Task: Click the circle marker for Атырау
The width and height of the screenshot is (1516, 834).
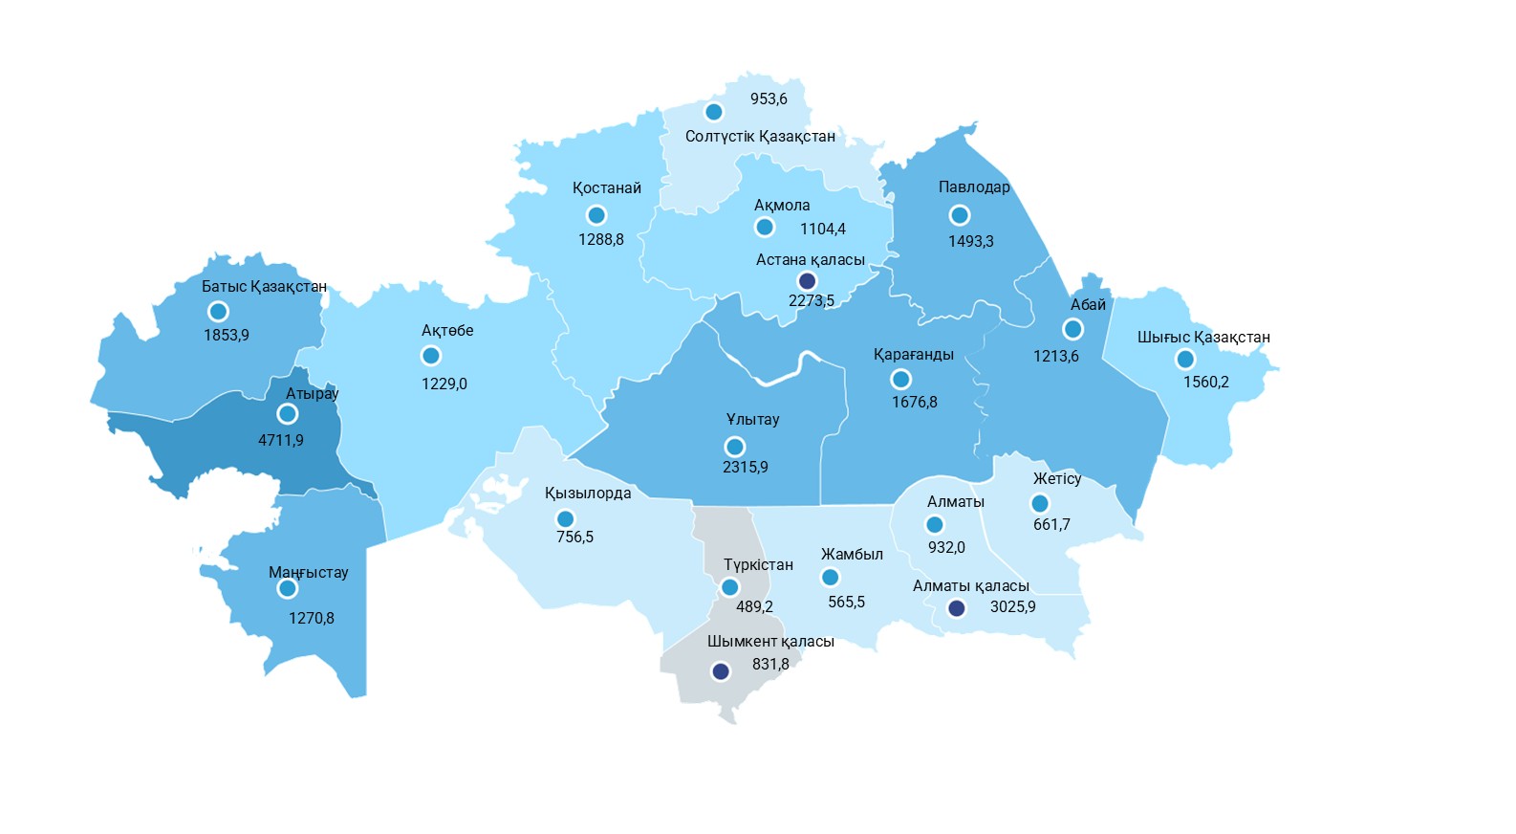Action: [x=287, y=414]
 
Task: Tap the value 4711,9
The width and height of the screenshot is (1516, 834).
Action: [x=281, y=440]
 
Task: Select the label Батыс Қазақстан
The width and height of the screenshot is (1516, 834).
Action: [x=264, y=286]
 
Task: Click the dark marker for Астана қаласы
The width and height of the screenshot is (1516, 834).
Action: [x=807, y=281]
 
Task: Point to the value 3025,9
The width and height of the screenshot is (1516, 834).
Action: [x=1012, y=606]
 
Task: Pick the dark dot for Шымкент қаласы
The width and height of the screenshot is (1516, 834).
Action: [x=721, y=671]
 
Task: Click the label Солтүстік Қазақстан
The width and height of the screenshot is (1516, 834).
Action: [x=760, y=136]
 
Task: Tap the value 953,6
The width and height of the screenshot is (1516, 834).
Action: [x=769, y=99]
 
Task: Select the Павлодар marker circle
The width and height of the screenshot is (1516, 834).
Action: [x=960, y=215]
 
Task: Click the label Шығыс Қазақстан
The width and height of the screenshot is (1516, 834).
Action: [x=1203, y=337]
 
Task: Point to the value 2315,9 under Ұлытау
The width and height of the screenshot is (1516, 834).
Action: [x=745, y=467]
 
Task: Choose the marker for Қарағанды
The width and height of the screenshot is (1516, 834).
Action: [x=900, y=380]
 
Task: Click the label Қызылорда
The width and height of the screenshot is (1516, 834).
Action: [x=588, y=493]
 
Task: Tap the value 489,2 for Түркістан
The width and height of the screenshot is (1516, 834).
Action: [x=754, y=606]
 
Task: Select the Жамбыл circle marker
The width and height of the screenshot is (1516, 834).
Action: [x=830, y=578]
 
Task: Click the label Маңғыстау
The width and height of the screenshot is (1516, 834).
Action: [x=308, y=572]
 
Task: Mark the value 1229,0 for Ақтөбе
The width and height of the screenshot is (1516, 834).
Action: [x=444, y=384]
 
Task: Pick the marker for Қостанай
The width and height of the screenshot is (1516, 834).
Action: [x=596, y=215]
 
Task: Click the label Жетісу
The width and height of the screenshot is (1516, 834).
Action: [x=1056, y=478]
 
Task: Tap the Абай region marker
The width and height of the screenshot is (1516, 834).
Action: [x=1072, y=329]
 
